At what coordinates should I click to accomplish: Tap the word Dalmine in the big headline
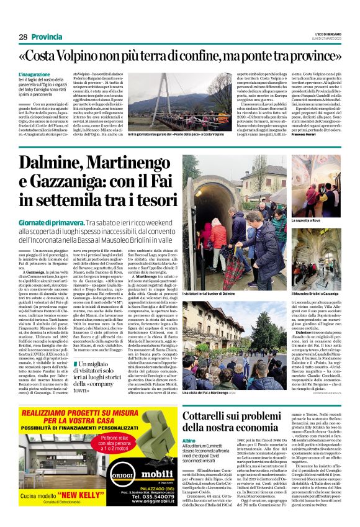click(56, 163)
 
